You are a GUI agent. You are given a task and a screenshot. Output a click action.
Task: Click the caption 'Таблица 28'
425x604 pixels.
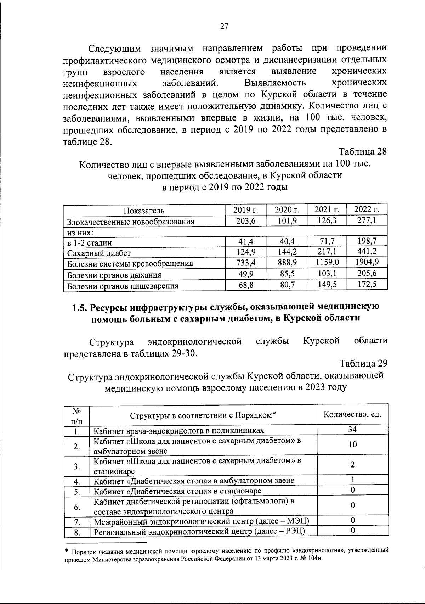pyautogui.click(x=363, y=152)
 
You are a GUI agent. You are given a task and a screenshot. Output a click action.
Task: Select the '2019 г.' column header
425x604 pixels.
pyautogui.click(x=245, y=210)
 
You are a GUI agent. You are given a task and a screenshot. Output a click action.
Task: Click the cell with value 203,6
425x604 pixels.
pyautogui.click(x=245, y=221)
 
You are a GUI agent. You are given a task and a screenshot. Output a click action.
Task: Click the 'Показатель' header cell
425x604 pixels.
pyautogui.click(x=144, y=211)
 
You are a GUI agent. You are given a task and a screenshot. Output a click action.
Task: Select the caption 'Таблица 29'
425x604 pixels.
pyautogui.click(x=363, y=363)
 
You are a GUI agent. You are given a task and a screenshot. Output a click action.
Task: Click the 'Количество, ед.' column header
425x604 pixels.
pyautogui.click(x=352, y=414)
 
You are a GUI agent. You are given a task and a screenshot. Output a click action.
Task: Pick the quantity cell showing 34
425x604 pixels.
pyautogui.click(x=352, y=430)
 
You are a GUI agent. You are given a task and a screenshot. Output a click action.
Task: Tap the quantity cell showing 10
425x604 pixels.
pyautogui.click(x=352, y=445)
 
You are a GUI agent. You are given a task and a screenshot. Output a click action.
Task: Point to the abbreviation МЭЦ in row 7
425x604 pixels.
pyautogui.click(x=297, y=521)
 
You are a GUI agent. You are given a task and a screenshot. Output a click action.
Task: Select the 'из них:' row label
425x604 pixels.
pyautogui.click(x=80, y=233)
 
